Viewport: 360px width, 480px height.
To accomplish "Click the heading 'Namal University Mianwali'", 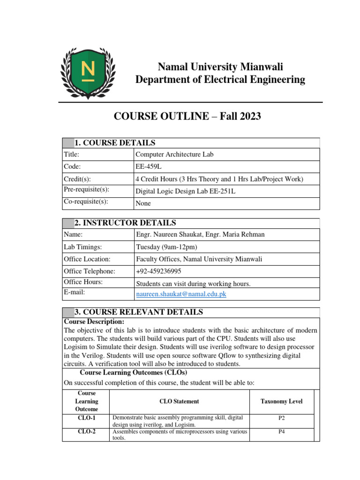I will pos(220,66).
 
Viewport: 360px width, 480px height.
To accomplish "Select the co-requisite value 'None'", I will pos(143,203).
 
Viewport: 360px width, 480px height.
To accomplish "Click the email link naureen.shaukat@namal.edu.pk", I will pos(181,294).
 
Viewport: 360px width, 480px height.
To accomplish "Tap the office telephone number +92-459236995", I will pos(158,271).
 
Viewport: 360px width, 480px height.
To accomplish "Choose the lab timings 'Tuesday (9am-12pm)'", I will pos(166,247).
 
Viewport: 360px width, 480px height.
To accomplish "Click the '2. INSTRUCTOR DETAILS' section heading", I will pos(125,223).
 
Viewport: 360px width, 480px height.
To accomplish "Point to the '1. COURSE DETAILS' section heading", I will pos(115,143).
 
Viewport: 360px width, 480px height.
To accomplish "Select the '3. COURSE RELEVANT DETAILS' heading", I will pos(139,312).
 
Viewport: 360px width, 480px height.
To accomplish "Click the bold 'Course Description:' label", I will pos(94,322).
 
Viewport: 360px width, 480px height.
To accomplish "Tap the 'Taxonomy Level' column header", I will pos(281,401).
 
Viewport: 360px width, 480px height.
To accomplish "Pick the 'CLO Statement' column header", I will pos(179,401).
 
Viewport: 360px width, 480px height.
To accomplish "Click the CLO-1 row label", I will pos(86,417).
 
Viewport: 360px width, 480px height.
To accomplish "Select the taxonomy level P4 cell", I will pos(281,432).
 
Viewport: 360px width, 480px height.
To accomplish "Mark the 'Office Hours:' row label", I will pos(83,282).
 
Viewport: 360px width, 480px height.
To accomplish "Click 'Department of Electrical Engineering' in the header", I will pos(220,80).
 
